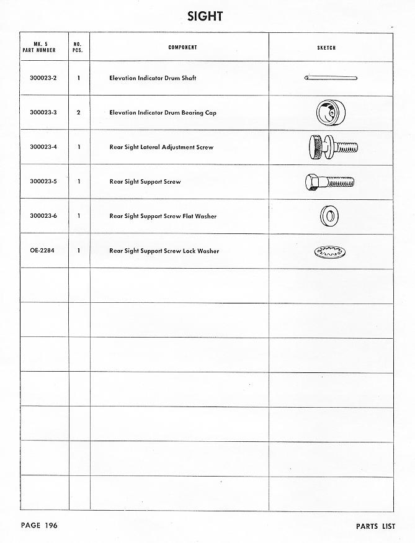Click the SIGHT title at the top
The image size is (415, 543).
point(205,17)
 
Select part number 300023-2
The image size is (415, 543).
point(43,78)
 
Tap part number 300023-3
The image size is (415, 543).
point(43,113)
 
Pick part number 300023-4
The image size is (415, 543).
point(43,147)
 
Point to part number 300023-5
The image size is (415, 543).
point(43,182)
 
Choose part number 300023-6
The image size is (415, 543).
point(43,216)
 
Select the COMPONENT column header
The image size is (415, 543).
point(182,47)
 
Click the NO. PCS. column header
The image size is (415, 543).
point(78,47)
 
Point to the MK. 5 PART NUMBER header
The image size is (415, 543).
point(43,47)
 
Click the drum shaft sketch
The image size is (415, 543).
point(331,78)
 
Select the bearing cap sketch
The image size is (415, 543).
point(329,112)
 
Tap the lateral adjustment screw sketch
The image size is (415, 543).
point(331,148)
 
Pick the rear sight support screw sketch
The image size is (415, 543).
point(329,182)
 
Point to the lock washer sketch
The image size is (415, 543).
point(329,252)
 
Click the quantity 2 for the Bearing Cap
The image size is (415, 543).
point(79,113)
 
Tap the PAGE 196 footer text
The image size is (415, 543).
point(39,526)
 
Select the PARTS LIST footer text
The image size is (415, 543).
point(375,526)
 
